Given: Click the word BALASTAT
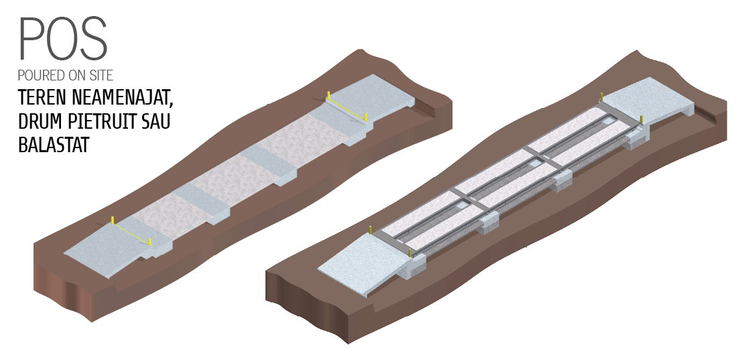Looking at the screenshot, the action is (54, 145).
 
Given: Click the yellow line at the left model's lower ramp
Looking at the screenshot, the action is (131, 231).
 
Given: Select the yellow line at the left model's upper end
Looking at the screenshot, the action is (347, 107).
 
